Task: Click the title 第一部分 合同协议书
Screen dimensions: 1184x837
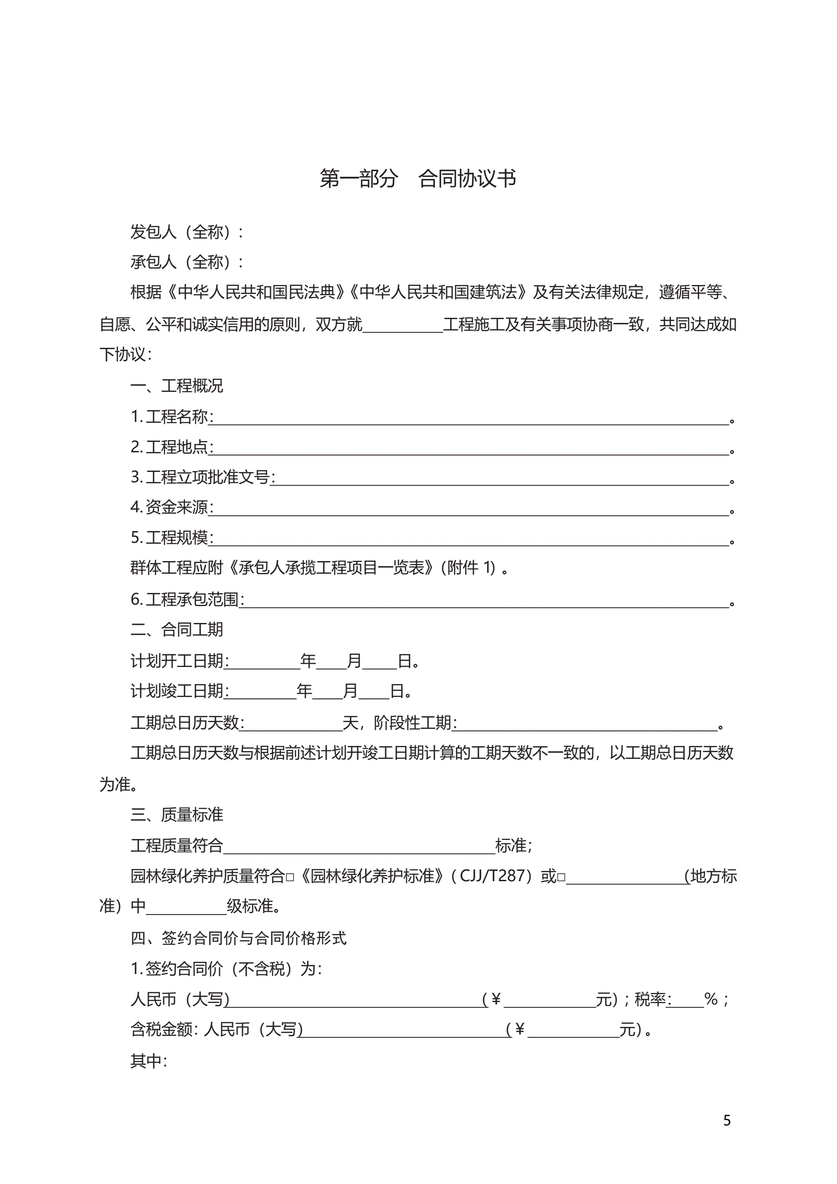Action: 417,179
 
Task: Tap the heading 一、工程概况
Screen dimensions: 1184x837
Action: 176,386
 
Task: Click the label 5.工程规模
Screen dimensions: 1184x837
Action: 171,537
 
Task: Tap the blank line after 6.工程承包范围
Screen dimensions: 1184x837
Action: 485,602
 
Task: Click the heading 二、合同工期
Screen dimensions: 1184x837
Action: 176,629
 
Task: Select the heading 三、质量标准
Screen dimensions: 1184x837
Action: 176,815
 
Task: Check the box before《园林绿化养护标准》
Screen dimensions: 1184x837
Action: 290,877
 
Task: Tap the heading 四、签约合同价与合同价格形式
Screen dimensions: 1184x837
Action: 238,938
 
